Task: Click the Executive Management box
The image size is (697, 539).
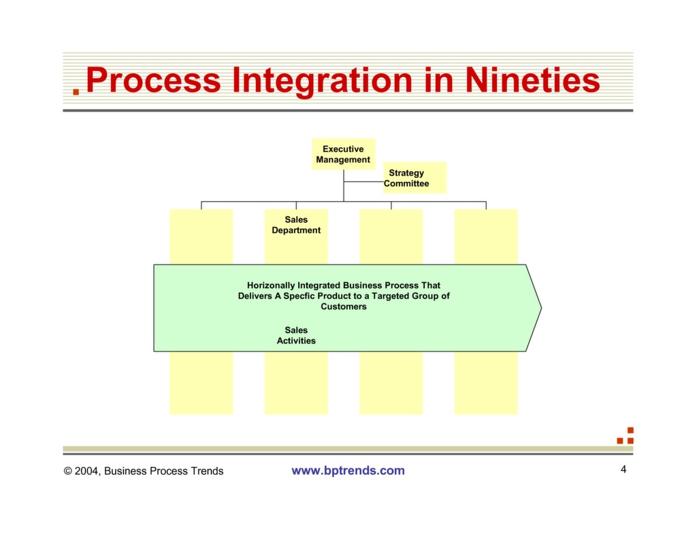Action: click(343, 154)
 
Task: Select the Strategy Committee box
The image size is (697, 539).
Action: click(415, 178)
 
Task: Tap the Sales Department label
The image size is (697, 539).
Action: click(296, 225)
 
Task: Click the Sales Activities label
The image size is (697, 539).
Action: click(296, 335)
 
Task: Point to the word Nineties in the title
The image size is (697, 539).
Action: click(532, 80)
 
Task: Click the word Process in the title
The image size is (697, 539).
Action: click(154, 80)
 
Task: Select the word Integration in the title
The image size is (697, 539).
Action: click(322, 80)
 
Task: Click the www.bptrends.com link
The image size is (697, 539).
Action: click(348, 470)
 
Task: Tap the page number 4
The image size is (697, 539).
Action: click(623, 469)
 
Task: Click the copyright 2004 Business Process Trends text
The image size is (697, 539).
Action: click(144, 471)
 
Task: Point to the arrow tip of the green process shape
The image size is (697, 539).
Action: click(540, 308)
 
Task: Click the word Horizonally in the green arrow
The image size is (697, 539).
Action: click(272, 286)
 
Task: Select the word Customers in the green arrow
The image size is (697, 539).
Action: click(344, 307)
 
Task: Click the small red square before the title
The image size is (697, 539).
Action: click(76, 91)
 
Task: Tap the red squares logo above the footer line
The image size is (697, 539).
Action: click(626, 436)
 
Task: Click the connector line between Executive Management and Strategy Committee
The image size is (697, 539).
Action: click(363, 183)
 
